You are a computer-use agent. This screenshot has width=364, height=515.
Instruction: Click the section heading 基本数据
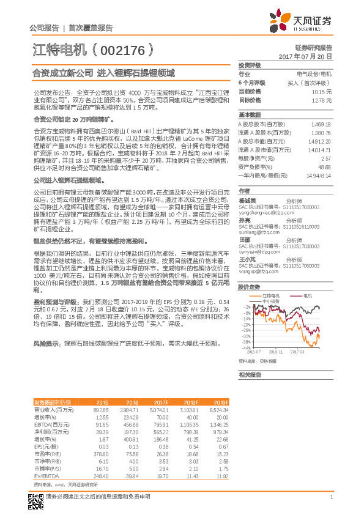249,115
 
